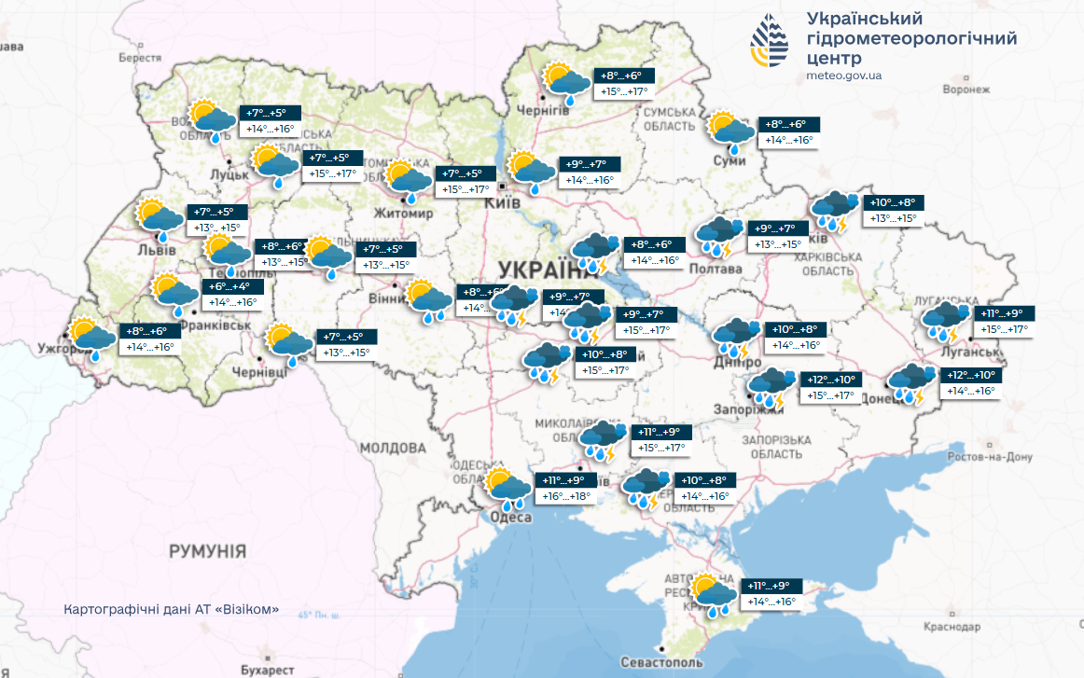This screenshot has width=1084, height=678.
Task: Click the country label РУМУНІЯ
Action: pyautogui.click(x=207, y=551)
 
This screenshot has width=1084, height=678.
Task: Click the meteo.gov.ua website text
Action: pyautogui.click(x=843, y=76)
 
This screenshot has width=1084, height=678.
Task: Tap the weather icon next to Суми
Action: pyautogui.click(x=730, y=131)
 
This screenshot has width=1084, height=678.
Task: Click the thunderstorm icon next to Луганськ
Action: pyautogui.click(x=945, y=320)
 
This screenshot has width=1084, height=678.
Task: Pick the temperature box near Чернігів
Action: pyautogui.click(x=624, y=83)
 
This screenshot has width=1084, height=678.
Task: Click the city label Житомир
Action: pyautogui.click(x=403, y=214)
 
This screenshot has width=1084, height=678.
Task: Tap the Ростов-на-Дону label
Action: pyautogui.click(x=990, y=457)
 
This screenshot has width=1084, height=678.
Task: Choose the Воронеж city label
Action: pyautogui.click(x=965, y=90)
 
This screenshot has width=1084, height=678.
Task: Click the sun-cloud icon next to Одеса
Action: pyautogui.click(x=507, y=487)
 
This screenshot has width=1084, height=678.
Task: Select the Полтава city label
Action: pyautogui.click(x=715, y=269)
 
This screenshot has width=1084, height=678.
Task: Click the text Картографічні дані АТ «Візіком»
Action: pyautogui.click(x=172, y=609)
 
